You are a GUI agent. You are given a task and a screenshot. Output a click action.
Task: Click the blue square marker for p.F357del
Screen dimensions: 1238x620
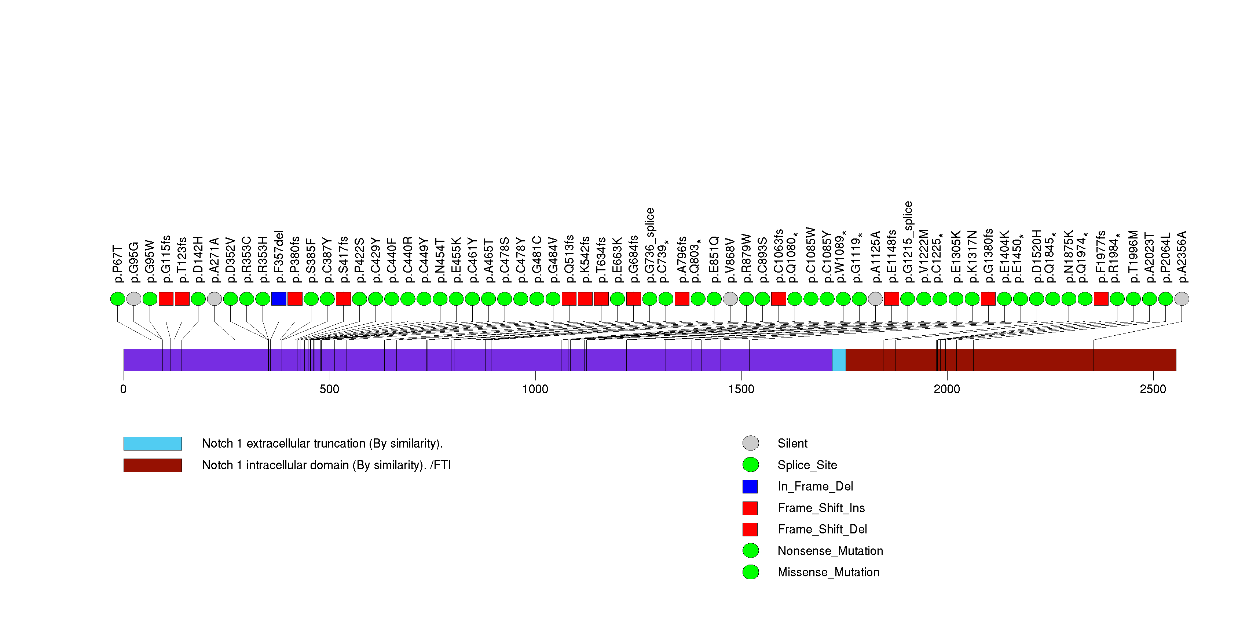[279, 299]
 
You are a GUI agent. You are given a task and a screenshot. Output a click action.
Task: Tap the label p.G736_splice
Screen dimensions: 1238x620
[650, 245]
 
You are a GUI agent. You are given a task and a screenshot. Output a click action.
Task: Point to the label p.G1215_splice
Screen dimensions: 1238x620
[908, 242]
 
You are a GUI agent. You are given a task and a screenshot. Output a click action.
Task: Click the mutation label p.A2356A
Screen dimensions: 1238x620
[1182, 257]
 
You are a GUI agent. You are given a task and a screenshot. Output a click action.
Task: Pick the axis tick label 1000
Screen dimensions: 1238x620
[535, 389]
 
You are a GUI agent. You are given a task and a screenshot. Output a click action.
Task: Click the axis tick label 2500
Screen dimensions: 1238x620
[1153, 389]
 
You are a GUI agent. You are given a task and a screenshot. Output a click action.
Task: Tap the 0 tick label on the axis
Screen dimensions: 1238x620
[124, 389]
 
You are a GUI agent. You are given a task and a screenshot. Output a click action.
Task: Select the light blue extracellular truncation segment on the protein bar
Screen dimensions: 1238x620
[839, 360]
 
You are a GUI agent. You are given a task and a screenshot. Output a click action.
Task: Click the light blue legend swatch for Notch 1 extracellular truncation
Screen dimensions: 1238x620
[152, 444]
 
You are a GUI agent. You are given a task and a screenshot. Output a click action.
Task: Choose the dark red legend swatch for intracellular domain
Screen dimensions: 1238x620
[152, 465]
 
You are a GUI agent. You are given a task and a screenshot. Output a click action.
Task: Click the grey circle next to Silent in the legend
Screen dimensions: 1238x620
[751, 443]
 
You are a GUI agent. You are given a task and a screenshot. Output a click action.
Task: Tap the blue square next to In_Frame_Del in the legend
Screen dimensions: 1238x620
[750, 486]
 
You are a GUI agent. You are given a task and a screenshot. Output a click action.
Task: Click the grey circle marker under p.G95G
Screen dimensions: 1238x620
[133, 299]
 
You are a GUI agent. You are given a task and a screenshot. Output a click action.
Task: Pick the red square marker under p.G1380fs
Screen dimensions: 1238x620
[988, 299]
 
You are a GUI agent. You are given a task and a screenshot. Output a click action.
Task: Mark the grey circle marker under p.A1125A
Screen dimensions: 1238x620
[876, 299]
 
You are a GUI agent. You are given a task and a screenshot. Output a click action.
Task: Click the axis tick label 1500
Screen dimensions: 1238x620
[741, 389]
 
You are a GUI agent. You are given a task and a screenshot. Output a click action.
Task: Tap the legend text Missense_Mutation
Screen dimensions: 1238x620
[828, 572]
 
